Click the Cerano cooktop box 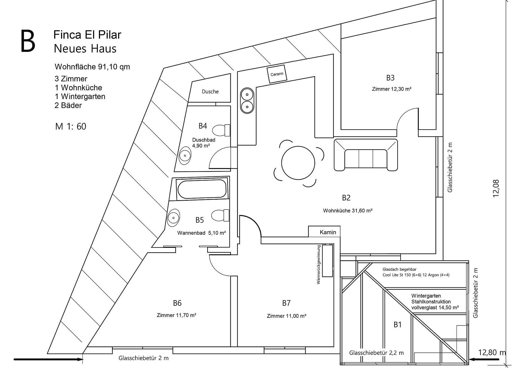[277, 74]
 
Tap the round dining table [298, 163]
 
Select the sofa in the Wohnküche [366, 155]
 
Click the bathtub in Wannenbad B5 [202, 189]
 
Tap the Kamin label [328, 232]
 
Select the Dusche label [210, 92]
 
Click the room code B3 [390, 78]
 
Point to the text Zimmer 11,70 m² [177, 315]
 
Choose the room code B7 [286, 303]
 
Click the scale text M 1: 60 [71, 126]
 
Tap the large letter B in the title [27, 41]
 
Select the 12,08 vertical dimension [496, 188]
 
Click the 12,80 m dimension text [492, 352]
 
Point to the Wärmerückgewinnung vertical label [318, 265]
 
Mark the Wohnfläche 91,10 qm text [92, 67]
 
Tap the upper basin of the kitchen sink [247, 95]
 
